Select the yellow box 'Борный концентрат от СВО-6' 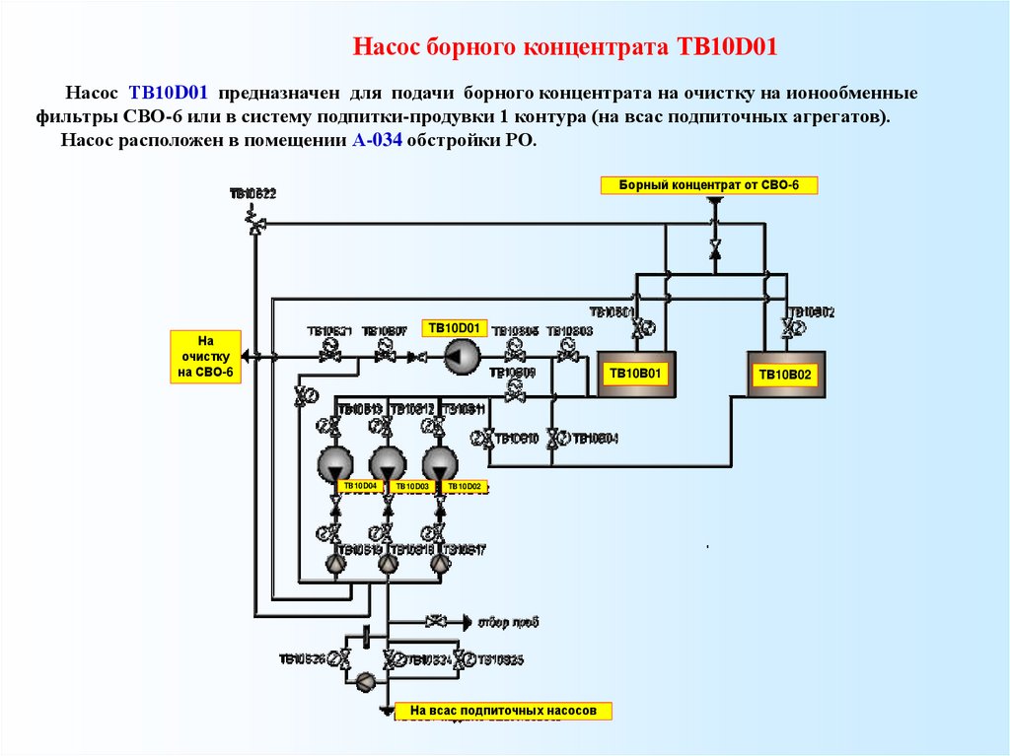[x=708, y=184]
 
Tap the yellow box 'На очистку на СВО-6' [x=205, y=356]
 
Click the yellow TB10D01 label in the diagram [x=454, y=327]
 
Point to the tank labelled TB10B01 [x=636, y=374]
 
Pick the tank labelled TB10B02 [x=786, y=375]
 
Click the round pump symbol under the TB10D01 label [x=460, y=356]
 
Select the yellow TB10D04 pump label [x=360, y=486]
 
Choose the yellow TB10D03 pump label [x=412, y=486]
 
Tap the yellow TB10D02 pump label [x=465, y=486]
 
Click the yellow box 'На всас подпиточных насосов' [x=503, y=710]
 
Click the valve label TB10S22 [x=252, y=194]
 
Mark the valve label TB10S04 [x=595, y=439]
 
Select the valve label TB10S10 [x=516, y=439]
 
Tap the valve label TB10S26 [x=302, y=658]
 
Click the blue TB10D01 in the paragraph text [x=167, y=94]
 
